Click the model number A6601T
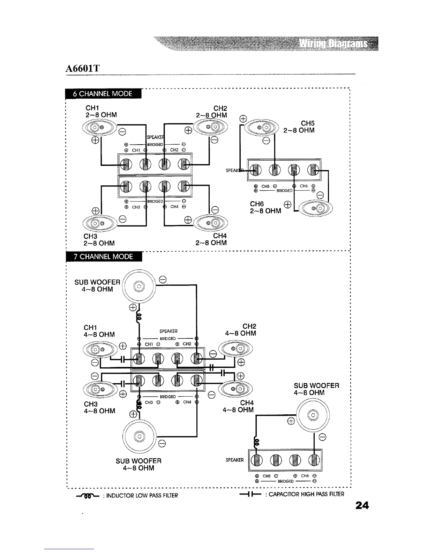click(83, 68)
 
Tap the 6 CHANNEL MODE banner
click(103, 94)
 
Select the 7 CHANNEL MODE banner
click(103, 256)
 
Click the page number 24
click(362, 505)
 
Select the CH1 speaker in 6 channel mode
click(98, 127)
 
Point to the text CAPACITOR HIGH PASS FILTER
click(304, 494)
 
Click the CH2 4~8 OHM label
click(241, 330)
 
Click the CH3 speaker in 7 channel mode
click(99, 388)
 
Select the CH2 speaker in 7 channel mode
click(235, 348)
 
